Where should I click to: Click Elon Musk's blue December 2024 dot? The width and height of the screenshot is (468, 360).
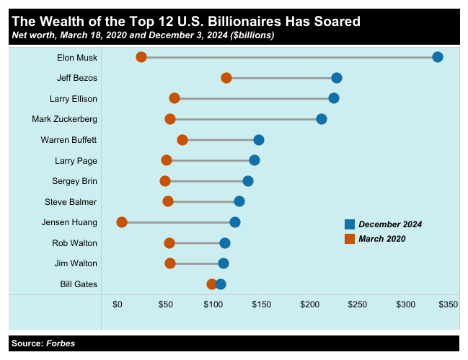[437, 57]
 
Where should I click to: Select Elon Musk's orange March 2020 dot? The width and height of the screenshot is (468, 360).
[141, 57]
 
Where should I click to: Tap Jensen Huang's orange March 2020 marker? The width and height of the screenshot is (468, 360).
[122, 222]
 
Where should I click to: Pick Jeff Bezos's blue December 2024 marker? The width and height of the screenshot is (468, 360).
[336, 78]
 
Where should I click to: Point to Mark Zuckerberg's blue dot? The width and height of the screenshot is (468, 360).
[322, 119]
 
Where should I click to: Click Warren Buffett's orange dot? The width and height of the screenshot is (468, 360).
[182, 140]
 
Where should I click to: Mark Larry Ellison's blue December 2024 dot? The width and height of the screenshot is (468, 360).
[333, 98]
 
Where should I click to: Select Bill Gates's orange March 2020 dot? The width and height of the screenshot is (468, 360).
[212, 284]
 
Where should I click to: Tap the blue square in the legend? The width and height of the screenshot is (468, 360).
[349, 224]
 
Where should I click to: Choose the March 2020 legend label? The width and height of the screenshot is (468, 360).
[381, 239]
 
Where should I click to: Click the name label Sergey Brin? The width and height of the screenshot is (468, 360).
[74, 181]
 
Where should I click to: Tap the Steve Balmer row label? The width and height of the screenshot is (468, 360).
[71, 202]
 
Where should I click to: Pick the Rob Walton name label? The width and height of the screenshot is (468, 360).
[74, 243]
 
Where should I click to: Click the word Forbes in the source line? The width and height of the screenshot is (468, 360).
[61, 343]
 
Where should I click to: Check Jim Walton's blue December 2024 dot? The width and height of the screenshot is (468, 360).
[224, 263]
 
